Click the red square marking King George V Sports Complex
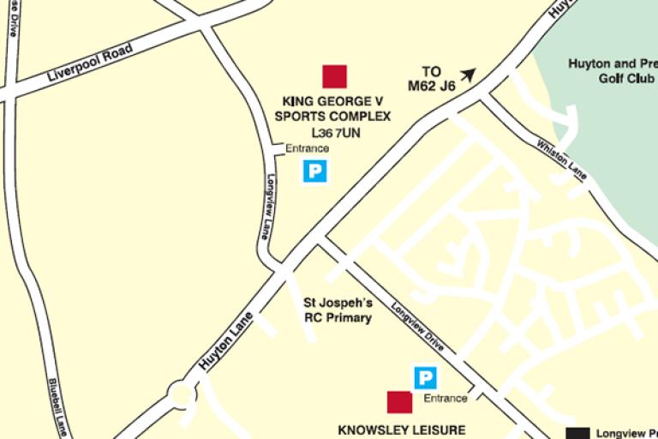[334, 76]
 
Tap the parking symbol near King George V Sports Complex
[315, 171]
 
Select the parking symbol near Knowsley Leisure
[425, 377]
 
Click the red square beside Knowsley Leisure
[399, 402]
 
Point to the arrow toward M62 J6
[467, 75]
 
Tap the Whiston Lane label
[561, 159]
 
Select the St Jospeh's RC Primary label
[338, 310]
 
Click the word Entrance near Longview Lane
[307, 148]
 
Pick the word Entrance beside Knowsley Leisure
[446, 398]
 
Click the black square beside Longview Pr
[581, 434]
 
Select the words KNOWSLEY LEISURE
[402, 430]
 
